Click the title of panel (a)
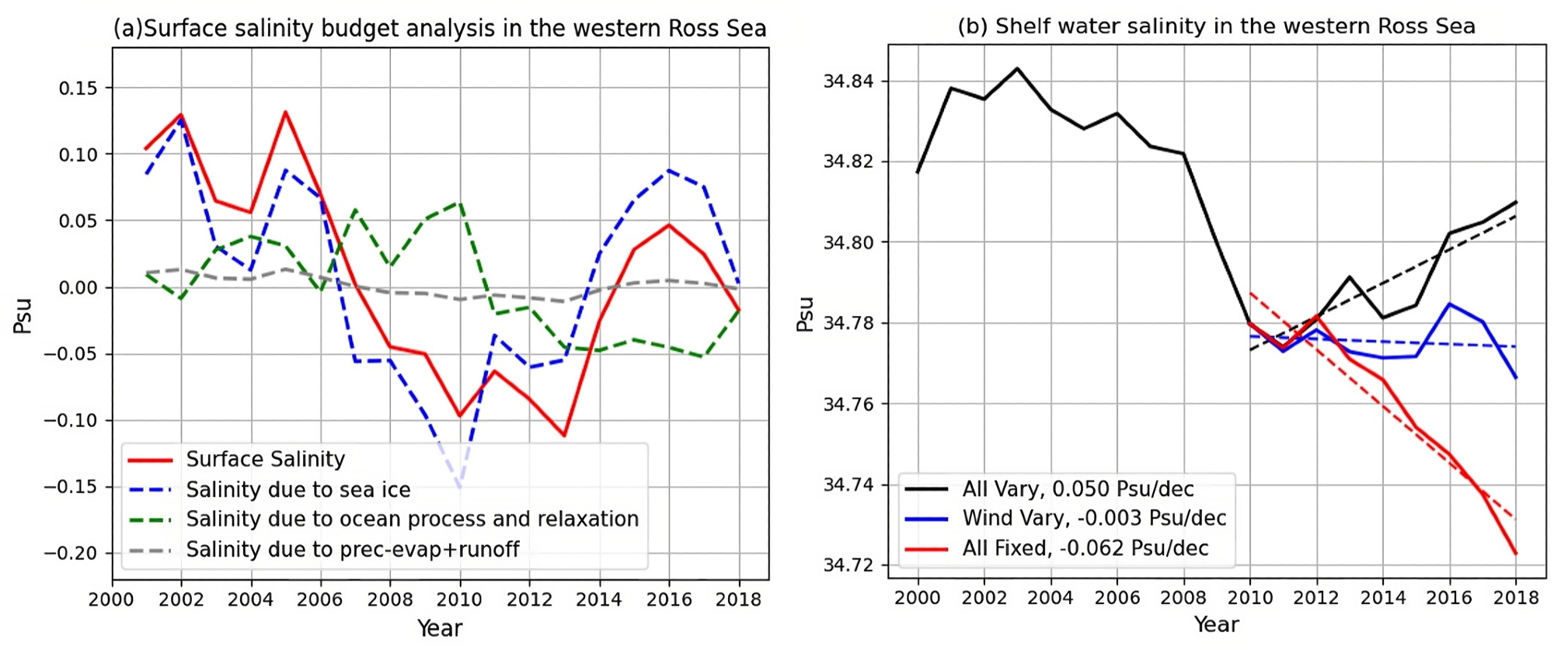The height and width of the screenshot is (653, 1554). click(x=440, y=29)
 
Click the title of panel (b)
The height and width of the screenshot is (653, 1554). click(x=1216, y=26)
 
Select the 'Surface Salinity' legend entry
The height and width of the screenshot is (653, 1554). click(x=265, y=459)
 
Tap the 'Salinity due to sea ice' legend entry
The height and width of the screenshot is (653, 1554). click(x=298, y=489)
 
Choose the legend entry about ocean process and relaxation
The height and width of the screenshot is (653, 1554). click(x=412, y=519)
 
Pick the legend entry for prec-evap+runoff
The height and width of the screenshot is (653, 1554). click(x=352, y=549)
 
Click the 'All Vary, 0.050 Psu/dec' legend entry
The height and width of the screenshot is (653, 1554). click(x=1078, y=488)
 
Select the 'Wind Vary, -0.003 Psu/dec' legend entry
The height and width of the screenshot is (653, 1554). click(x=1094, y=518)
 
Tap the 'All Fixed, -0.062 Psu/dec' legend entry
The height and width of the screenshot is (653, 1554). click(x=1085, y=548)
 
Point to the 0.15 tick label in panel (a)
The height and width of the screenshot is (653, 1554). click(x=78, y=89)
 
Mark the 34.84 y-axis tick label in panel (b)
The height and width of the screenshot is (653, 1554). click(x=848, y=82)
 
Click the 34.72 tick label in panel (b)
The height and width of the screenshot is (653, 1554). click(x=848, y=565)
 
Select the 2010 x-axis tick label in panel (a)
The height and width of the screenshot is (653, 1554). click(x=460, y=599)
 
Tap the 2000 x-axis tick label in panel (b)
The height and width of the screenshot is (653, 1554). click(x=918, y=598)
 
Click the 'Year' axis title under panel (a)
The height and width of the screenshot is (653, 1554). click(x=440, y=628)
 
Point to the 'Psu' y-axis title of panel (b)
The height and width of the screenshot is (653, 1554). click(x=805, y=314)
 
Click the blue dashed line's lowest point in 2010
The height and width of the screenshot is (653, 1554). click(x=460, y=487)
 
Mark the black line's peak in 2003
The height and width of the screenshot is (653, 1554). click(x=1017, y=68)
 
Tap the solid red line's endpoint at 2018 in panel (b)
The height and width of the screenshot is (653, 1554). click(x=1516, y=554)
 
